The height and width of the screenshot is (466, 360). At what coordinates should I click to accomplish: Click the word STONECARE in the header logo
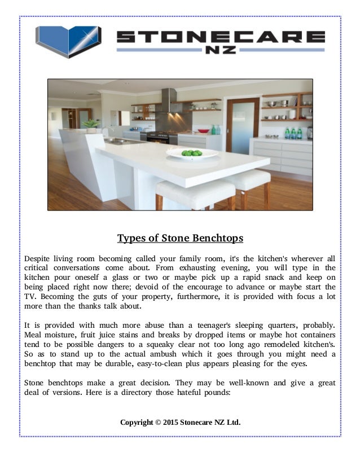tap(220, 37)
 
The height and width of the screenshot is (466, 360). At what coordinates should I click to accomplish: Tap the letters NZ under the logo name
tap(220, 51)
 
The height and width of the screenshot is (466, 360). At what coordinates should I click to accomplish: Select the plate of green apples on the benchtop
tap(192, 152)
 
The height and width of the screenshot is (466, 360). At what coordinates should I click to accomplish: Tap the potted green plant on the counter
tap(90, 125)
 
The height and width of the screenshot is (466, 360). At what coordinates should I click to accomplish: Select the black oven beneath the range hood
tap(161, 138)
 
